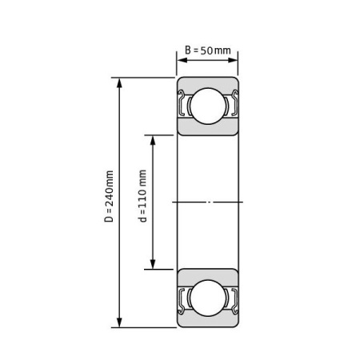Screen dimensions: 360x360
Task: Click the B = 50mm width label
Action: coord(208,51)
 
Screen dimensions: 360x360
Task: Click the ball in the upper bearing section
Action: coord(208,106)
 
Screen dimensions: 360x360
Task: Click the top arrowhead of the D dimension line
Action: coord(120,82)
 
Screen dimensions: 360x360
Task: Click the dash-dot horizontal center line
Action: coord(208,202)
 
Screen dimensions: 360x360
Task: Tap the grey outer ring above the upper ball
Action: coord(208,82)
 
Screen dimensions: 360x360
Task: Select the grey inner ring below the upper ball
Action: coord(208,130)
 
